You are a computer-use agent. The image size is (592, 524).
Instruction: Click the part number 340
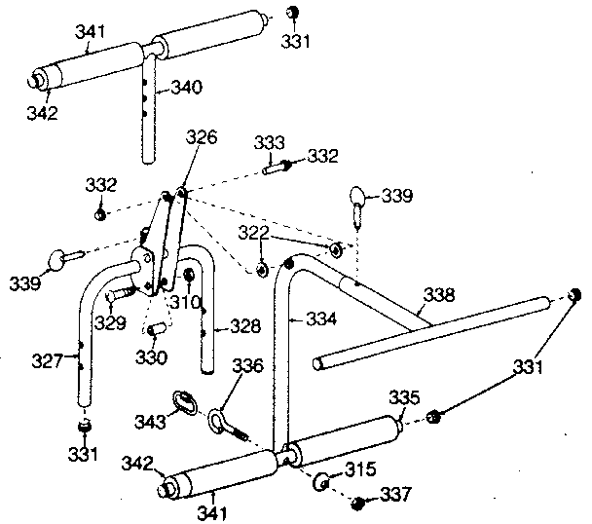tap(186, 88)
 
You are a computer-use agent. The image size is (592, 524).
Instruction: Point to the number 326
tap(202, 138)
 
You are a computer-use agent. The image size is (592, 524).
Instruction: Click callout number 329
tap(108, 320)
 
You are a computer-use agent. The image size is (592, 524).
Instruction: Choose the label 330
tap(154, 357)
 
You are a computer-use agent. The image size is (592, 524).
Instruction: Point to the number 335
tap(404, 396)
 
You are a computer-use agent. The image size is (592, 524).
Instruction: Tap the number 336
tap(249, 366)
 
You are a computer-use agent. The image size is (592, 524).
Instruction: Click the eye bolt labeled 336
tap(218, 421)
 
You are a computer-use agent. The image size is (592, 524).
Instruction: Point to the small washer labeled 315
tap(322, 480)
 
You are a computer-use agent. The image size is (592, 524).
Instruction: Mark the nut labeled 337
tap(357, 503)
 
